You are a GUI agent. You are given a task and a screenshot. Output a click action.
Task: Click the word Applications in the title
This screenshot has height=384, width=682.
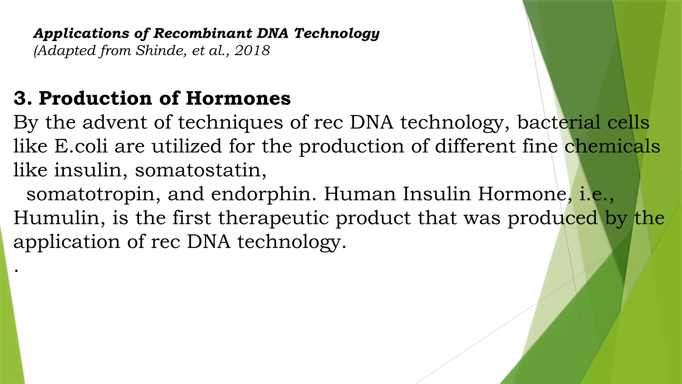point(81,34)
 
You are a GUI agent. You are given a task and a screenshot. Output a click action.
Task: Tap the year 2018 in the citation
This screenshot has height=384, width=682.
point(252,51)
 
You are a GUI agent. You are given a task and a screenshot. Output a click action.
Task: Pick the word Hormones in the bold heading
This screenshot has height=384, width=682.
point(238,98)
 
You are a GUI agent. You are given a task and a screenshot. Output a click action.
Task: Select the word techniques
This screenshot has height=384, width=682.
point(230,123)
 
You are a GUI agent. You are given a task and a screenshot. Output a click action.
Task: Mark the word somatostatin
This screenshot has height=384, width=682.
point(200,170)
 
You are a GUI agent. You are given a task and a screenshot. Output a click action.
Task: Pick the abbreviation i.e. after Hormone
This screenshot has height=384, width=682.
point(596,194)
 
